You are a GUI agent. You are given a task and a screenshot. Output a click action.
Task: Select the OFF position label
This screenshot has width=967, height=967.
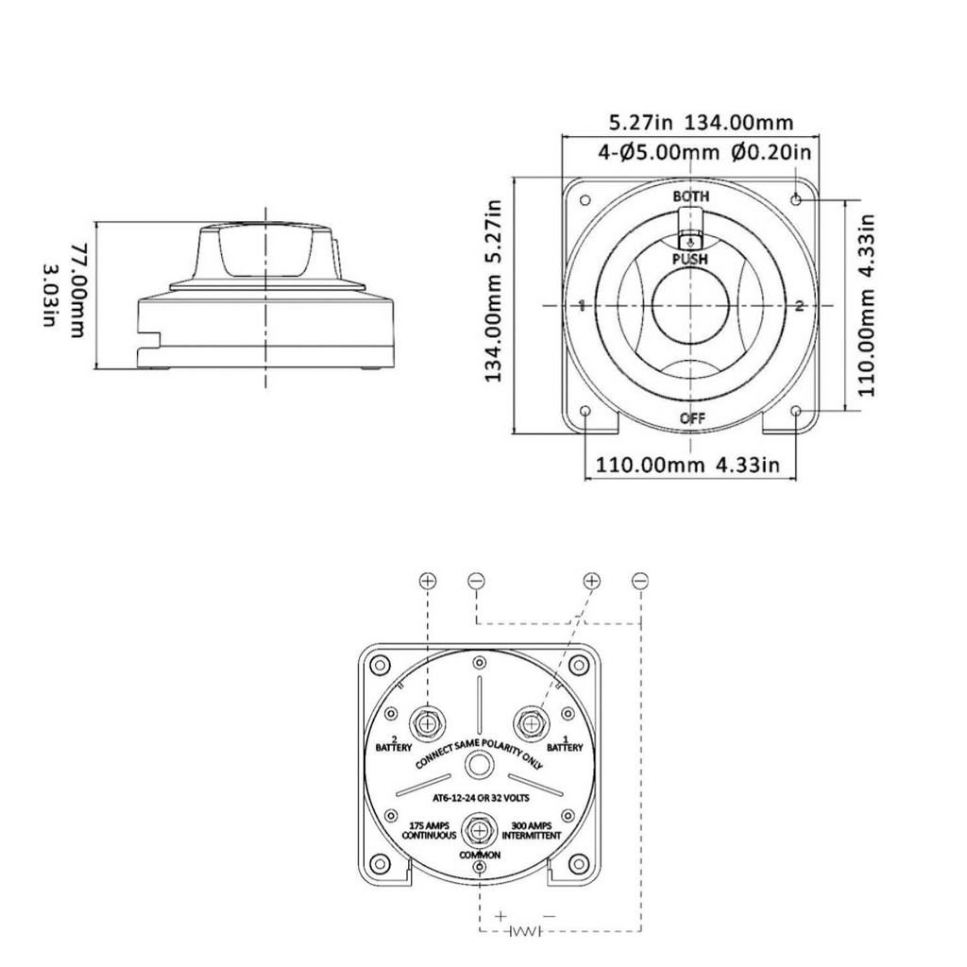point(691,418)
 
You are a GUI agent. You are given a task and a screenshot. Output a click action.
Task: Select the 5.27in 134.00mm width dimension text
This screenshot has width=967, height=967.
point(700,122)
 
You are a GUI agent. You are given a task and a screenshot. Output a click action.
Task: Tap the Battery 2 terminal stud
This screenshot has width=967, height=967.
point(429,723)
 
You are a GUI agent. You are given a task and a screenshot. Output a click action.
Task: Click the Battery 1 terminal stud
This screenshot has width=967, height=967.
point(531,723)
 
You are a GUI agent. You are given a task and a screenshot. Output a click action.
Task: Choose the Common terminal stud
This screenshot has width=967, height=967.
point(481,830)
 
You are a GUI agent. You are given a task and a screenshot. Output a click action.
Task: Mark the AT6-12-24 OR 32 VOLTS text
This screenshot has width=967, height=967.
point(480,798)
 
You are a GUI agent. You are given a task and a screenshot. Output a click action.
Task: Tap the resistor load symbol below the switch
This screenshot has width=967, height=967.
point(525,932)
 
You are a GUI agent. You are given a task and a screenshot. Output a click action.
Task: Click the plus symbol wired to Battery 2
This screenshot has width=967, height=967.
point(428,580)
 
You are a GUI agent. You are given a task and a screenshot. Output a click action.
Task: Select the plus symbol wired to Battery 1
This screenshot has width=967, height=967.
point(591,580)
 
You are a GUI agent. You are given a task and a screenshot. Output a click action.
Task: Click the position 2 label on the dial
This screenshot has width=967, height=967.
point(799,306)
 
